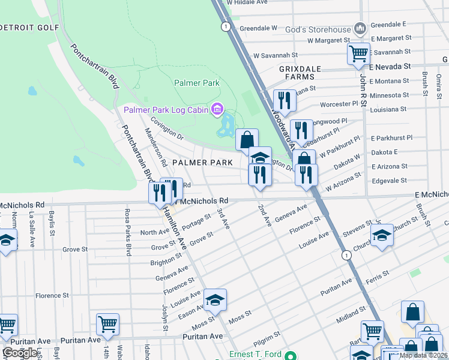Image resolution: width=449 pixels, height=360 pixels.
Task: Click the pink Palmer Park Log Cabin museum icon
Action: [x=217, y=109]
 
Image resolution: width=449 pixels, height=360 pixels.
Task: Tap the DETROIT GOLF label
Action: [x=30, y=27]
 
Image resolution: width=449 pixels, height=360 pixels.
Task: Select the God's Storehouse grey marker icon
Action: [x=360, y=28]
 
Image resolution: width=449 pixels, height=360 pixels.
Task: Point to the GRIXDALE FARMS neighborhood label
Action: [x=297, y=73]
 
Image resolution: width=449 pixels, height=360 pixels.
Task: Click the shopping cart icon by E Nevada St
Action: [x=358, y=53]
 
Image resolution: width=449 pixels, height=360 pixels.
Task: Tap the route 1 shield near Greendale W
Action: [x=225, y=26]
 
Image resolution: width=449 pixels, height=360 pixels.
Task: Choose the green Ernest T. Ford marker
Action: [x=291, y=355]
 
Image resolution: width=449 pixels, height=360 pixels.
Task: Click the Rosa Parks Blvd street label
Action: [x=127, y=232]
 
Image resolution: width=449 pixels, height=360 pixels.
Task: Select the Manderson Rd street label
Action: [x=155, y=146]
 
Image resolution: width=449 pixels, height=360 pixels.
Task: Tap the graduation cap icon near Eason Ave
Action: [x=215, y=299]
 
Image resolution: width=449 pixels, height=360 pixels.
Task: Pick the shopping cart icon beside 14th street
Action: [x=107, y=324]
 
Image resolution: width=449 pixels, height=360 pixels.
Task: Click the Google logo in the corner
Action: [x=20, y=353]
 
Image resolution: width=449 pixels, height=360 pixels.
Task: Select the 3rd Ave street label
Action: [x=223, y=218]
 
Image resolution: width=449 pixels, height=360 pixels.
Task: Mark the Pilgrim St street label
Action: [x=268, y=338]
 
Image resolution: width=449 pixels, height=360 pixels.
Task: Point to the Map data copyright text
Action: [x=424, y=355]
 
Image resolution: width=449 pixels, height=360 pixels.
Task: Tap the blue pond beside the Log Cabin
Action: [x=228, y=125]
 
